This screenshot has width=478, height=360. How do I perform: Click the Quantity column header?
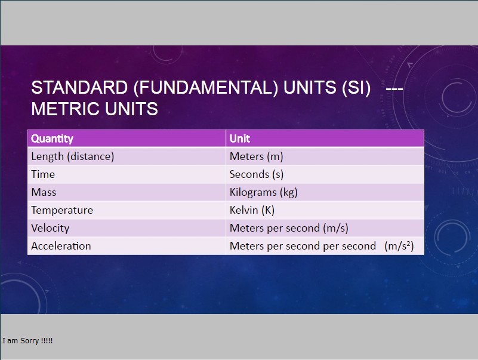tap(127, 139)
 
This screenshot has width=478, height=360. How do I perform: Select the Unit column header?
tap(325, 139)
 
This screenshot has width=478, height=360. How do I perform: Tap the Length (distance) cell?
tap(127, 156)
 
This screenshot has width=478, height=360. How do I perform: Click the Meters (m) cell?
tap(325, 156)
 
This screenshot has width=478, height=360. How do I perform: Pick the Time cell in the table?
tap(127, 174)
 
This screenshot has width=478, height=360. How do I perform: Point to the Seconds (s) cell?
tap(325, 174)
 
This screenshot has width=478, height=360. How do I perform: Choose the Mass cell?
tap(127, 192)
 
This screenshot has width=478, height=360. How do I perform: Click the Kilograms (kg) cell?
tap(325, 192)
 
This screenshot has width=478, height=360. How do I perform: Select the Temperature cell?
tap(127, 210)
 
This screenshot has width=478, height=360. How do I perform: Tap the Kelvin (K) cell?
tap(325, 210)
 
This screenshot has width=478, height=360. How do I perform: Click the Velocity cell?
tap(127, 228)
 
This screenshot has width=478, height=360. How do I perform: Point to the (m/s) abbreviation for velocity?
tap(335, 228)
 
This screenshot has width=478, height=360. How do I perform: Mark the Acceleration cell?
tap(127, 246)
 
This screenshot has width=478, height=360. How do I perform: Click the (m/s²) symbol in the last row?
tap(399, 246)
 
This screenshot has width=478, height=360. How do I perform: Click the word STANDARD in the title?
tap(79, 88)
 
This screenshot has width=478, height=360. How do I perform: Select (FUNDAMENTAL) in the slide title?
tap(205, 88)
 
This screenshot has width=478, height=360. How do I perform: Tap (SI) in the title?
tap(356, 88)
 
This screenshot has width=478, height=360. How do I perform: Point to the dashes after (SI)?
tap(394, 89)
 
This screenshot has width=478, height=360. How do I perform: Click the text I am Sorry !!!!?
tap(27, 340)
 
